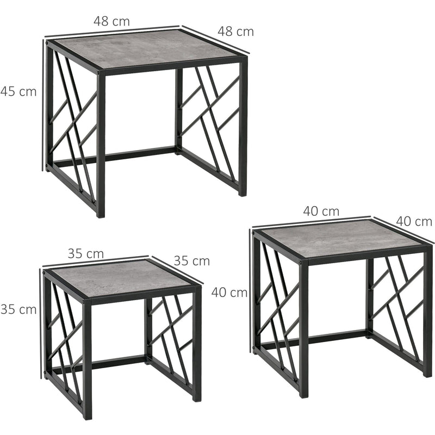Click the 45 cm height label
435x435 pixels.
[18, 91]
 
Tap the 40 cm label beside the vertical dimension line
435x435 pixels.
[229, 293]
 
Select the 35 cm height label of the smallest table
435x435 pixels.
[18, 309]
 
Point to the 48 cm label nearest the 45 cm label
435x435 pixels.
[111, 21]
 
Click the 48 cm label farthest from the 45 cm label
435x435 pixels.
[235, 32]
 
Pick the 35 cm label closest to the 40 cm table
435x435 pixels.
[191, 260]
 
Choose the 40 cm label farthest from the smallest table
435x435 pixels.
[414, 221]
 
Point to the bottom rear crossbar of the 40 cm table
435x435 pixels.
[337, 336]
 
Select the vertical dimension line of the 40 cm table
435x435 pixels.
[251, 294]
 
